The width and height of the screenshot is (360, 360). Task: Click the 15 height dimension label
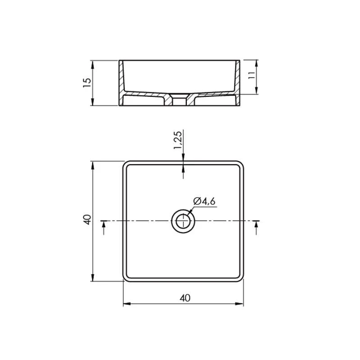click(x=87, y=83)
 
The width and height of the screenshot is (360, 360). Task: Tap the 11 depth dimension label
click(x=252, y=75)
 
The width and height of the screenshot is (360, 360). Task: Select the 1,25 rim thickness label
click(x=177, y=140)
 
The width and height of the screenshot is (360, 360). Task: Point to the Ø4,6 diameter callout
click(x=204, y=201)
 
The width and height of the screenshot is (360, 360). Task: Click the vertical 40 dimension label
click(x=87, y=220)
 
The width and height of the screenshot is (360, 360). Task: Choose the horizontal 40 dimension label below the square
click(x=185, y=298)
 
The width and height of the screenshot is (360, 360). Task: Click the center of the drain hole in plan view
click(x=183, y=221)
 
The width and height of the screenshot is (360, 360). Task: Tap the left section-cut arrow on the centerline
click(x=104, y=227)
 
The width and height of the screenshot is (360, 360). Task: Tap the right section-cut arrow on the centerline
click(x=256, y=227)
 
